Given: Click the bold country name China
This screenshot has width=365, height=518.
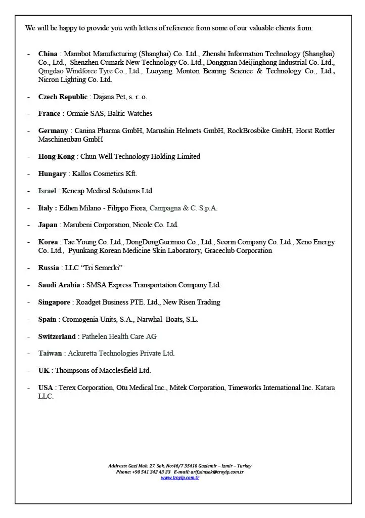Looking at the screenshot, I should point(48,54).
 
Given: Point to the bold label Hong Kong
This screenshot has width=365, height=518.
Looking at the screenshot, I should point(56,156).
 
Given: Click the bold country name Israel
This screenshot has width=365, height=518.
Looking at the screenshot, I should point(48,191).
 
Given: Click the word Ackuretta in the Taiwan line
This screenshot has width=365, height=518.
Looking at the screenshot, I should point(84,353).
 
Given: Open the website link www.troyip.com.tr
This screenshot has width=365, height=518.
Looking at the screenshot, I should point(180,478).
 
